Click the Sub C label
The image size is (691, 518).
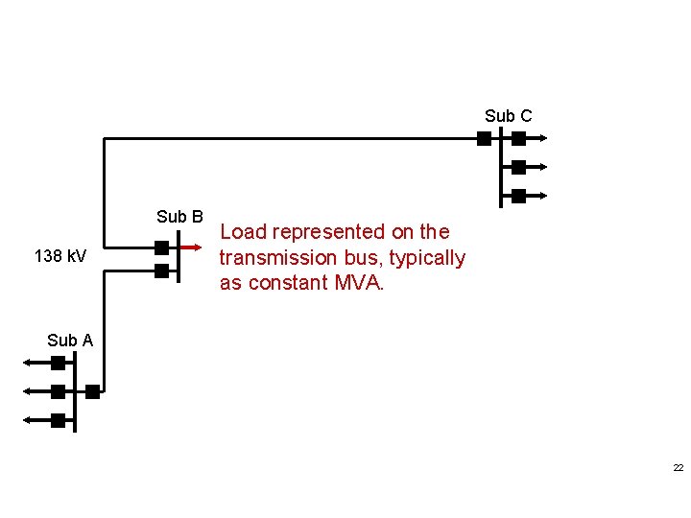point(508,116)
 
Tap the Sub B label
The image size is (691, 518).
point(179,217)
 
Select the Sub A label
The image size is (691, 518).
point(70,340)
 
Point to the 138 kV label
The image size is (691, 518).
point(60,257)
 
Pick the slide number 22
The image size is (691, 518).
point(678,468)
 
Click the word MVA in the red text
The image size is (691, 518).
point(358,283)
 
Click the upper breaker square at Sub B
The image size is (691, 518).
point(161,247)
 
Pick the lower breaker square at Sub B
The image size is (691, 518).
point(161,271)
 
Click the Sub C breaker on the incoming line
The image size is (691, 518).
point(484,138)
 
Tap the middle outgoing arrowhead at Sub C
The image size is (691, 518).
point(542,167)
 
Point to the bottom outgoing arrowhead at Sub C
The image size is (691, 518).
point(542,196)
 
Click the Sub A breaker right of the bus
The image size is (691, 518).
point(92,391)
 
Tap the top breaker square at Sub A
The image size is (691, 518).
point(59,363)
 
